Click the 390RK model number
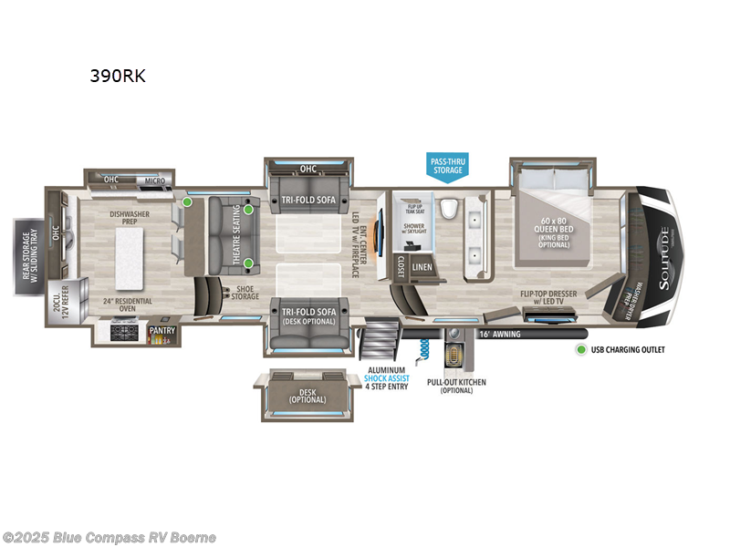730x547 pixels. (x=117, y=77)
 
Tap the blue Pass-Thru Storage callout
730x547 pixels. (x=448, y=165)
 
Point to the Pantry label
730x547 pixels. (x=162, y=330)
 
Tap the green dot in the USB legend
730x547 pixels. (x=579, y=349)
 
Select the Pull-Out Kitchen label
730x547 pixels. (x=455, y=386)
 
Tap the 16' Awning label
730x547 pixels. (x=499, y=334)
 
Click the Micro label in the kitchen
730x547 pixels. (x=153, y=181)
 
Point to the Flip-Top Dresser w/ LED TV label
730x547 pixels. (x=547, y=298)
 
